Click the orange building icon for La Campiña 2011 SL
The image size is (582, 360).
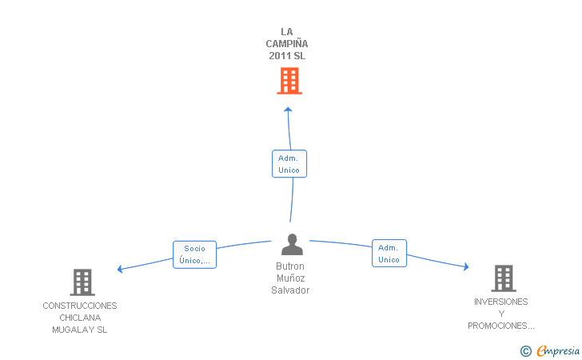289,81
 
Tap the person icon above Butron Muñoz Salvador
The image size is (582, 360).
292,244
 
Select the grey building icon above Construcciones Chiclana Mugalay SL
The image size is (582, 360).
82,282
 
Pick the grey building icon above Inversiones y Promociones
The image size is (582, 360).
504,278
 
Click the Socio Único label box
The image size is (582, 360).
194,254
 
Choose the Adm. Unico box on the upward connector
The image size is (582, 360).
289,164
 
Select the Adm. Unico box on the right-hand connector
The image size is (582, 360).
389,254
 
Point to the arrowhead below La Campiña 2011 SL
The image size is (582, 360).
288,110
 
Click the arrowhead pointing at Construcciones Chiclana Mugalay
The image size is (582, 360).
120,269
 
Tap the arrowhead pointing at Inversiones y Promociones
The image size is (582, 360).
466,266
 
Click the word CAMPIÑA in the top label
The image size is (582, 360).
287,44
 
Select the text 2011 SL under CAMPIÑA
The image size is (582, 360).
287,56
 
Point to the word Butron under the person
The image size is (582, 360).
290,266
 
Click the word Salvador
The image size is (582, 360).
290,290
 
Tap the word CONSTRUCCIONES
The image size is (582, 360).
80,306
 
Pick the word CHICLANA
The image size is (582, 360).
80,318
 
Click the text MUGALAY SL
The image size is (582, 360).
80,330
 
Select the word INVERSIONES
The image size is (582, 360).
500,302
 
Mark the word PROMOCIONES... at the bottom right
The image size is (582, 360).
501,326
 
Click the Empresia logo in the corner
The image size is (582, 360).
550,350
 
